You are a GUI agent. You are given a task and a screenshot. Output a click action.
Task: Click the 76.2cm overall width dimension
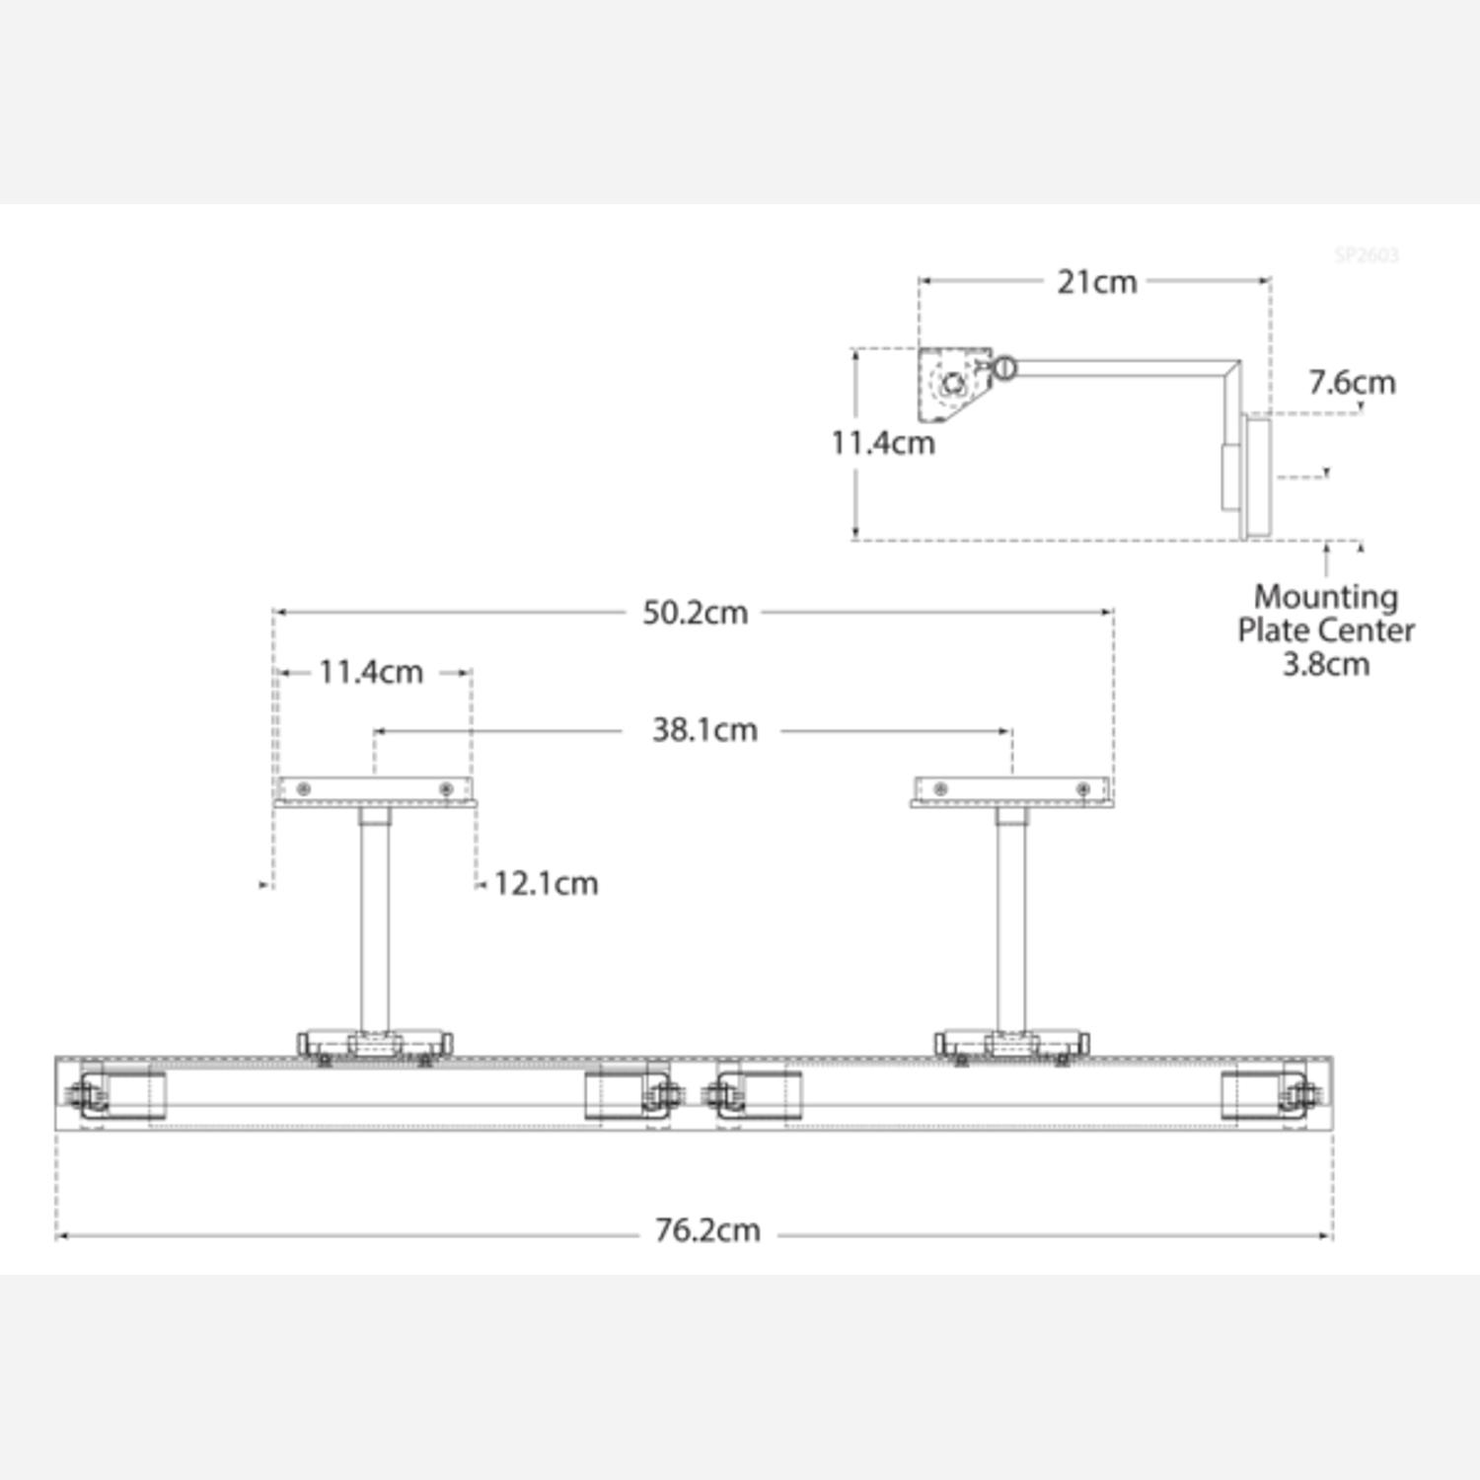point(707,1230)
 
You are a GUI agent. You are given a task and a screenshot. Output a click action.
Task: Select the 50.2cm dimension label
point(695,613)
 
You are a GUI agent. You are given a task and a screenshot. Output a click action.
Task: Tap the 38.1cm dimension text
point(704,730)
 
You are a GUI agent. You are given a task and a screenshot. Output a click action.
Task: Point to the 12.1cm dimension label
point(546,883)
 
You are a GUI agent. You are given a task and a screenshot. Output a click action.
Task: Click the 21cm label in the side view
point(1096,282)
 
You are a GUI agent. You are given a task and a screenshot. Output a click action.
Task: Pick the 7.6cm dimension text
point(1352,383)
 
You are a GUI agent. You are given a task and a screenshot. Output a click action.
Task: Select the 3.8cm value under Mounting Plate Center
point(1325,664)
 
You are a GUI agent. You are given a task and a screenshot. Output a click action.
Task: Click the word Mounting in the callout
point(1325,597)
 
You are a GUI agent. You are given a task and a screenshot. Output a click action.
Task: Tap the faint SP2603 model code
point(1367,256)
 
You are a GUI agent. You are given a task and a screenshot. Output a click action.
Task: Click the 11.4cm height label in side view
point(882,443)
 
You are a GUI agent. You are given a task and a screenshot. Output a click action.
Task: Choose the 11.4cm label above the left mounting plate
point(370,672)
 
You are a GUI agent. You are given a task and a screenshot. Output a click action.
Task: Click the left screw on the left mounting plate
point(304,789)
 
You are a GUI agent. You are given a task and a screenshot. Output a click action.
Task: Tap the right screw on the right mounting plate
point(1082,789)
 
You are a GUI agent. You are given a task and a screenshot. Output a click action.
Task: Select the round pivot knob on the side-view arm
point(1003,368)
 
